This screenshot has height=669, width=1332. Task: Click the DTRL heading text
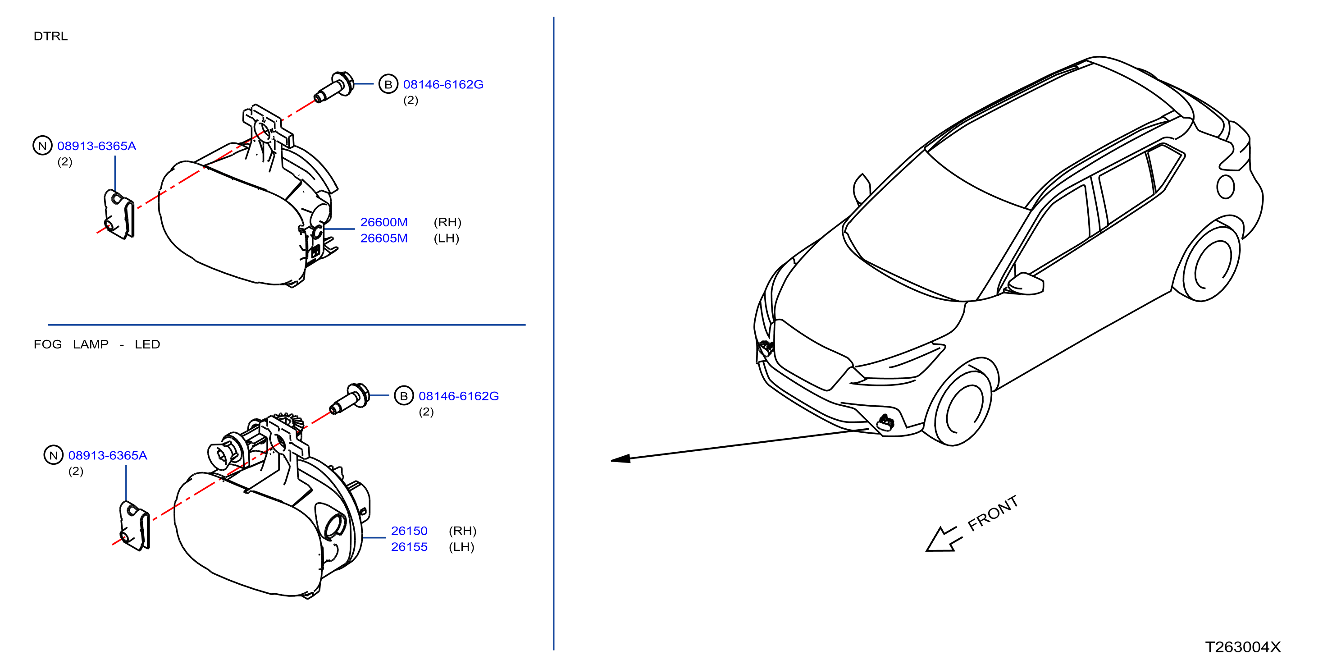pyautogui.click(x=50, y=36)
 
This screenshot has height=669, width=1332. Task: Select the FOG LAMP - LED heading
pyautogui.click(x=97, y=344)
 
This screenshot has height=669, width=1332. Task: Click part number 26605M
pyautogui.click(x=383, y=238)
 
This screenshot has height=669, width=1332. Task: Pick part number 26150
pyautogui.click(x=409, y=531)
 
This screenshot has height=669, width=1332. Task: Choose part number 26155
pyautogui.click(x=409, y=547)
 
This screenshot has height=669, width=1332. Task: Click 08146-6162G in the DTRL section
pyautogui.click(x=443, y=84)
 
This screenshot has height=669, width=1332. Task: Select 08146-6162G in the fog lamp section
pyautogui.click(x=459, y=396)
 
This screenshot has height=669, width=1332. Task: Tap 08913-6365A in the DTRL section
pyautogui.click(x=97, y=146)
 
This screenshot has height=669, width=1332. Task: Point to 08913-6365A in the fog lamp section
pyautogui.click(x=108, y=455)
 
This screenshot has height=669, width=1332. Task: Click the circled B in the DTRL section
pyautogui.click(x=388, y=84)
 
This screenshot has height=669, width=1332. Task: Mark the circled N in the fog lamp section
pyautogui.click(x=53, y=455)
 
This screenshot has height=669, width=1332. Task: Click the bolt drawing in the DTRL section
pyautogui.click(x=334, y=87)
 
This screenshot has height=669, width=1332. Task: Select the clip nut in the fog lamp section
pyautogui.click(x=134, y=526)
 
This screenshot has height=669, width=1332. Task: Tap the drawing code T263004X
pyautogui.click(x=1242, y=647)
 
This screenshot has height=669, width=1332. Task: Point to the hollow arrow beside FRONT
pyautogui.click(x=944, y=540)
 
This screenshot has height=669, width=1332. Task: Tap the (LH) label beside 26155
pyautogui.click(x=461, y=547)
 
